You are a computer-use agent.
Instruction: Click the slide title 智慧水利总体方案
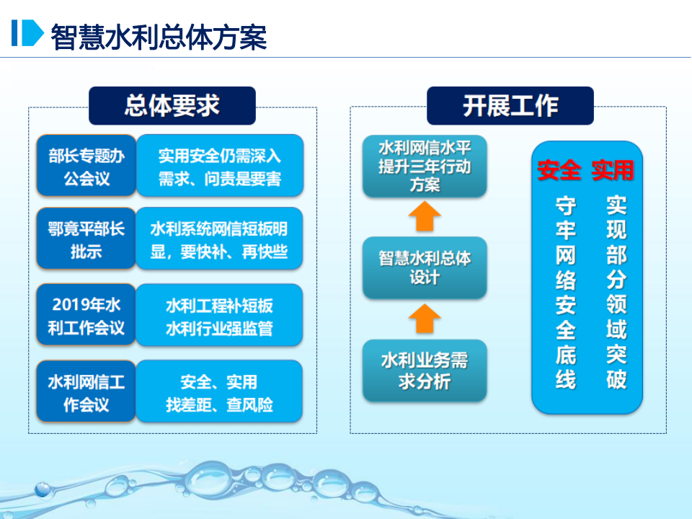159,35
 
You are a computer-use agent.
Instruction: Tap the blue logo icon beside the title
27,33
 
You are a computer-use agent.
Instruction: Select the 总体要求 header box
172,106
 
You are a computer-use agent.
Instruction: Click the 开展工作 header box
510,106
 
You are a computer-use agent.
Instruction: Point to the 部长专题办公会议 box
86,166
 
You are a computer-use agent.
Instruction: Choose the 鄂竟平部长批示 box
86,239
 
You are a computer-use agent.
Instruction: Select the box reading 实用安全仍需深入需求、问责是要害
219,166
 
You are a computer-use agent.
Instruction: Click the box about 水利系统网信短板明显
219,239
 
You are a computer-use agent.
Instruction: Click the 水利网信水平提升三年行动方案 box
425,166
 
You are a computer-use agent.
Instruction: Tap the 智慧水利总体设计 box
425,267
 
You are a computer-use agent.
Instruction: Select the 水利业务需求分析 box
425,371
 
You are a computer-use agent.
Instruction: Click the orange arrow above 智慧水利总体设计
425,216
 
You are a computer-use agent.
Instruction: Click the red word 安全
559,170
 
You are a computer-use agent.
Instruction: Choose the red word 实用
613,170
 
